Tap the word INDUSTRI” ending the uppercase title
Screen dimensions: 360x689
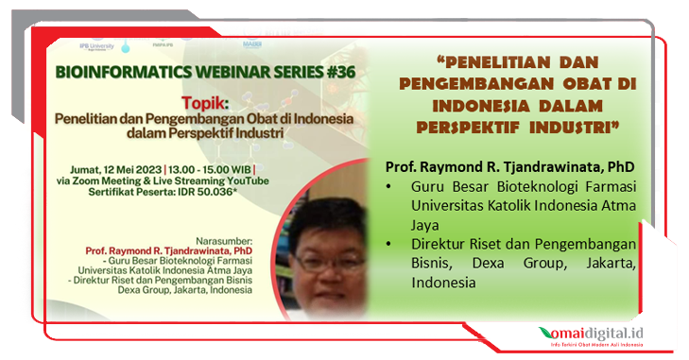(x=567, y=125)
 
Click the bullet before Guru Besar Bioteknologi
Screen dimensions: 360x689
(x=391, y=187)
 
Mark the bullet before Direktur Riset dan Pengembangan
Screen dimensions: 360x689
(x=391, y=245)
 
